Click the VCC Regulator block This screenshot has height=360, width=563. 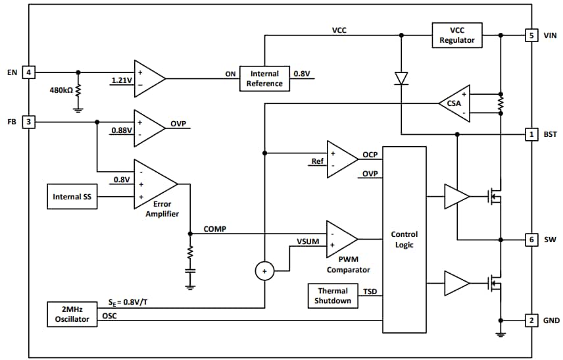click(457, 36)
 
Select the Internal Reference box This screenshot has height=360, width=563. click(264, 78)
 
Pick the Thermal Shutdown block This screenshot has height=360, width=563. click(333, 296)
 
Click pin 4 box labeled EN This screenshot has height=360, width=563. click(29, 72)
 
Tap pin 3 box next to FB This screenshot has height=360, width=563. click(29, 122)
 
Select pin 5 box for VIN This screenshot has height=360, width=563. click(531, 36)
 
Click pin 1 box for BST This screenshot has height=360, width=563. click(531, 134)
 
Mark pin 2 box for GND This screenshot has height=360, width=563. click(531, 321)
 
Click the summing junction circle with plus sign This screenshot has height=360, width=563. click(264, 270)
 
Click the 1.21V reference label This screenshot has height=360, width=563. click(122, 81)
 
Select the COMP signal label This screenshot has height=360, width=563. click(215, 228)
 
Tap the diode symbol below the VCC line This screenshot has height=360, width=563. click(401, 78)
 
